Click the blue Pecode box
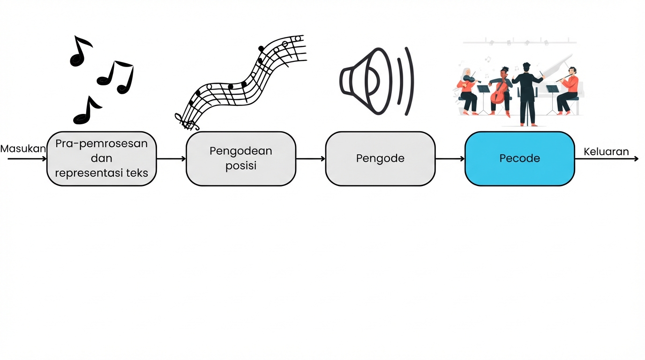(x=519, y=158)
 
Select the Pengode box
(x=380, y=158)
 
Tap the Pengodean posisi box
(x=241, y=158)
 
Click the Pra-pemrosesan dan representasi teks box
(x=101, y=158)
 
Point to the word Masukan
(x=23, y=149)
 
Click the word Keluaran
(x=606, y=152)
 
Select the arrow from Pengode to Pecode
(x=450, y=159)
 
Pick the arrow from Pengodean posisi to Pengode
(x=311, y=159)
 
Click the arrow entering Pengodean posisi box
(x=171, y=159)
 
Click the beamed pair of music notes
(x=116, y=77)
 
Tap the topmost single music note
(x=80, y=51)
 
